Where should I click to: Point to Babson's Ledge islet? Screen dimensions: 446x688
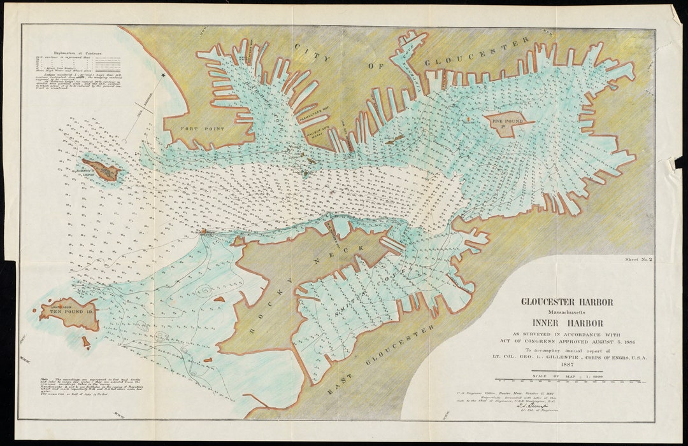coord(101,169)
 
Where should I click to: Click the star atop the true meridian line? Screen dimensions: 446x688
coord(163,75)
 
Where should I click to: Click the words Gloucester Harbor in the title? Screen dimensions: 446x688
coord(567,302)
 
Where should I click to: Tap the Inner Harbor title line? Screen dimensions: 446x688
coord(567,323)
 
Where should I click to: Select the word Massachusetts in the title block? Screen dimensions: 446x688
coord(567,312)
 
